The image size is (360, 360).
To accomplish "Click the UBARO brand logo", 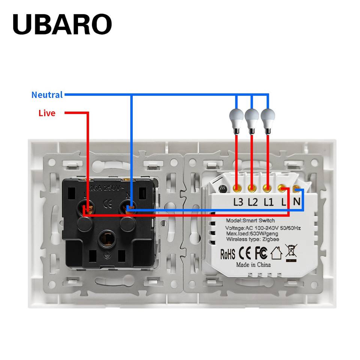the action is coord(62,25).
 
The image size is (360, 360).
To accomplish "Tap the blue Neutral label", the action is coord(47,95).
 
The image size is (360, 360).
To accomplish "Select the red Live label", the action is coord(47,113).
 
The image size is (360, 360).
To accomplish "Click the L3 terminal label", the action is coord(238,202).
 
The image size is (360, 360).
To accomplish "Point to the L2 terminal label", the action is coord(253,202).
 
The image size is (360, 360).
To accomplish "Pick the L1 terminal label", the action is coord(268,202).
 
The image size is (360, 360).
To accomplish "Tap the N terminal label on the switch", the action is coord(297,201).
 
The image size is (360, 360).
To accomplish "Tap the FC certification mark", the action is coord(261,253).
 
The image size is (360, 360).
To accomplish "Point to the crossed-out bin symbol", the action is coord(291,252).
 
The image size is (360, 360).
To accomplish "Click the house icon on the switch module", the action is coord(276,253).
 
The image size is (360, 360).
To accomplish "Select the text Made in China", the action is coord(253,265).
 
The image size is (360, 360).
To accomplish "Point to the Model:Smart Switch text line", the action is coord(250,220).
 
